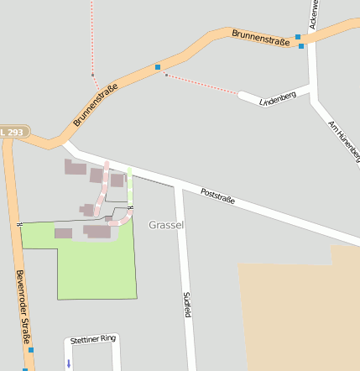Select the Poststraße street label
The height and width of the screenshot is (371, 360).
pos(217,197)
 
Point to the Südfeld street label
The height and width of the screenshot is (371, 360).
pos(187,304)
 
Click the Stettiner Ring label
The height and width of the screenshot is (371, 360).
pos(92,340)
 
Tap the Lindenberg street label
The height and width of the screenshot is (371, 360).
pos(278,98)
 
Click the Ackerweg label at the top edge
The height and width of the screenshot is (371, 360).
pos(314,14)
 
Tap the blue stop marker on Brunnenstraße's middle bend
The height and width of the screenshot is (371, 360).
pos(157,66)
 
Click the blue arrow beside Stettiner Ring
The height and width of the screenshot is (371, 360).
pos(69,363)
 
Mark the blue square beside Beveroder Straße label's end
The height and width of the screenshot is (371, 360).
pos(31,349)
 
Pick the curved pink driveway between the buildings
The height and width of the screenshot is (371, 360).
pos(104,193)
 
